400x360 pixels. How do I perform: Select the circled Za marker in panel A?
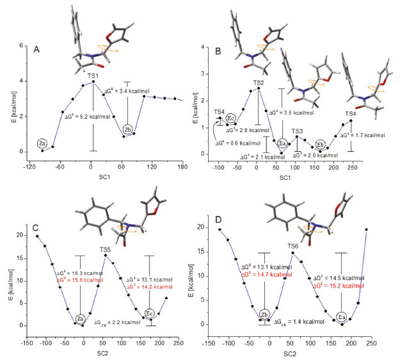43,144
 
